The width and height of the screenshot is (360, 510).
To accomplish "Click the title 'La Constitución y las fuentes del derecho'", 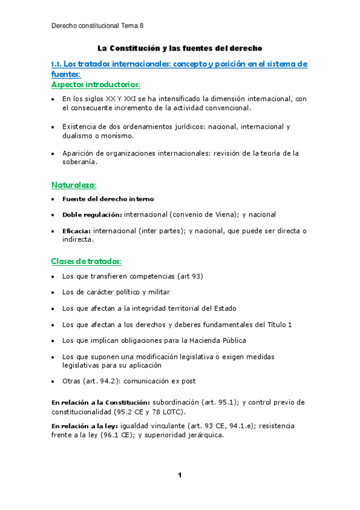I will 180,48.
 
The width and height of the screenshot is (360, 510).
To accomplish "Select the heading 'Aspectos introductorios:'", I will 96,84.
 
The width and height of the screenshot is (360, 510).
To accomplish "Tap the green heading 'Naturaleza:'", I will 73,184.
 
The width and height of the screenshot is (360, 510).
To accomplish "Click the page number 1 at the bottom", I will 180,475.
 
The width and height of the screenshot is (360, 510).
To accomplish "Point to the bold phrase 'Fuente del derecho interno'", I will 108,198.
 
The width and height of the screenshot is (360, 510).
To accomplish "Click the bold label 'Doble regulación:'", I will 92,214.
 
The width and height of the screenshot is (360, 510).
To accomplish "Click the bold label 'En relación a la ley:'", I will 85,426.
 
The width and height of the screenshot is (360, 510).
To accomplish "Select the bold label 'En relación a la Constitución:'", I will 100,402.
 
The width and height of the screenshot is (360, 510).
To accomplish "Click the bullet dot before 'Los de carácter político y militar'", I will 54,292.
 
